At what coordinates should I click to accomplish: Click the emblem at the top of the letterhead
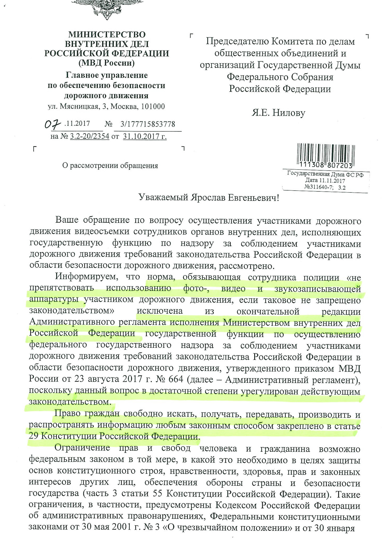coord(106,8)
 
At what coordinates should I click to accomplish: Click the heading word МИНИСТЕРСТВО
coord(107,35)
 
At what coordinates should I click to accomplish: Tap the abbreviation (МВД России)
coord(106,63)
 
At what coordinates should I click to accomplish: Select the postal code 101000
coord(153,107)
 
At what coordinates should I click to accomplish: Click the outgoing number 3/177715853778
coord(147,124)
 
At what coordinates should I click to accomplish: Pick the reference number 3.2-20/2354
coord(89,136)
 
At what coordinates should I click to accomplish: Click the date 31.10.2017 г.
coord(145,136)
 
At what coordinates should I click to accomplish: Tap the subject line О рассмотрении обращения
coord(110,166)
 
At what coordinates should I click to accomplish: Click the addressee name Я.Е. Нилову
coord(278,113)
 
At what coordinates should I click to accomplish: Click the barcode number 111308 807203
coord(326,165)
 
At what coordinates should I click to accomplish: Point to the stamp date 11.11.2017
coord(332,181)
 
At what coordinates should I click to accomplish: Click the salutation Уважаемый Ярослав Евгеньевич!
coord(209,197)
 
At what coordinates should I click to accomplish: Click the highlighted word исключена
coord(160,311)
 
